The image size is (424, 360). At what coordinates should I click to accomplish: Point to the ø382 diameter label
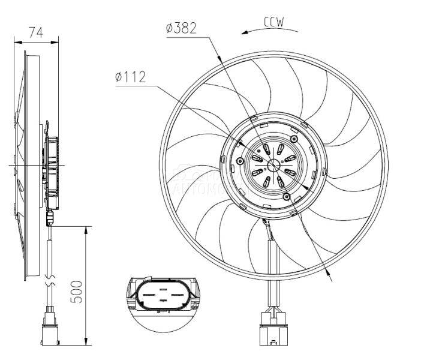tap(182, 28)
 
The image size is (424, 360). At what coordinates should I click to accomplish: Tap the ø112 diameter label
tap(130, 76)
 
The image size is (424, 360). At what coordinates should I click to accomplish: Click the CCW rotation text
tap(273, 22)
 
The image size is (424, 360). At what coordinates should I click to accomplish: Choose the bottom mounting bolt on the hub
tap(287, 197)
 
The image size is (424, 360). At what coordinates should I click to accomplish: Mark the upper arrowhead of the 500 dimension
tap(86, 230)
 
